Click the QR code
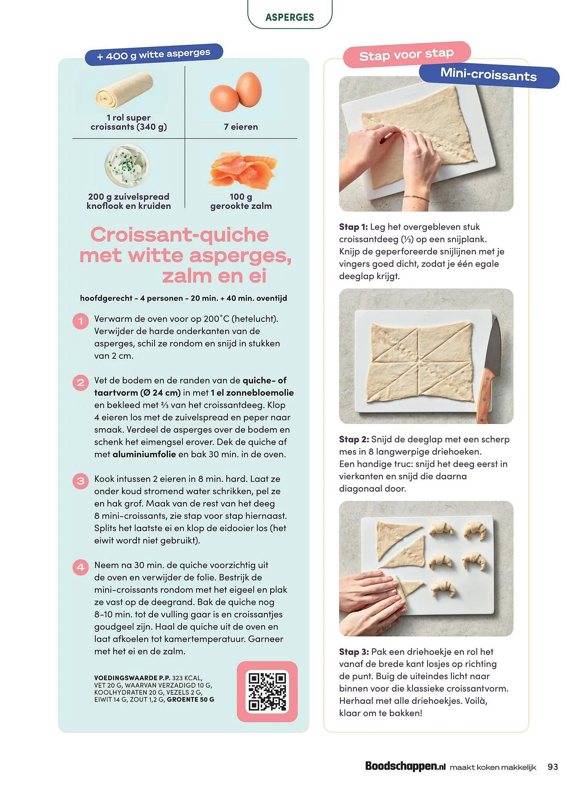click(x=267, y=692)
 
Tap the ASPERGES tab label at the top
click(x=290, y=17)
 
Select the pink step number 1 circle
click(x=80, y=321)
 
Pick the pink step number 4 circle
click(x=80, y=567)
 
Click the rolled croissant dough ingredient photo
click(x=124, y=91)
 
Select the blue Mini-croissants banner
click(x=489, y=75)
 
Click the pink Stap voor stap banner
click(x=406, y=54)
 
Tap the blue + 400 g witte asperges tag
click(x=154, y=54)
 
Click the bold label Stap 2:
click(x=354, y=439)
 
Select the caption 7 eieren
click(x=241, y=127)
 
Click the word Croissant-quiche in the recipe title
click(x=180, y=235)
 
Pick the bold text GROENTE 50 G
click(x=191, y=699)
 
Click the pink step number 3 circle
click(x=80, y=481)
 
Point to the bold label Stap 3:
click(x=354, y=652)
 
